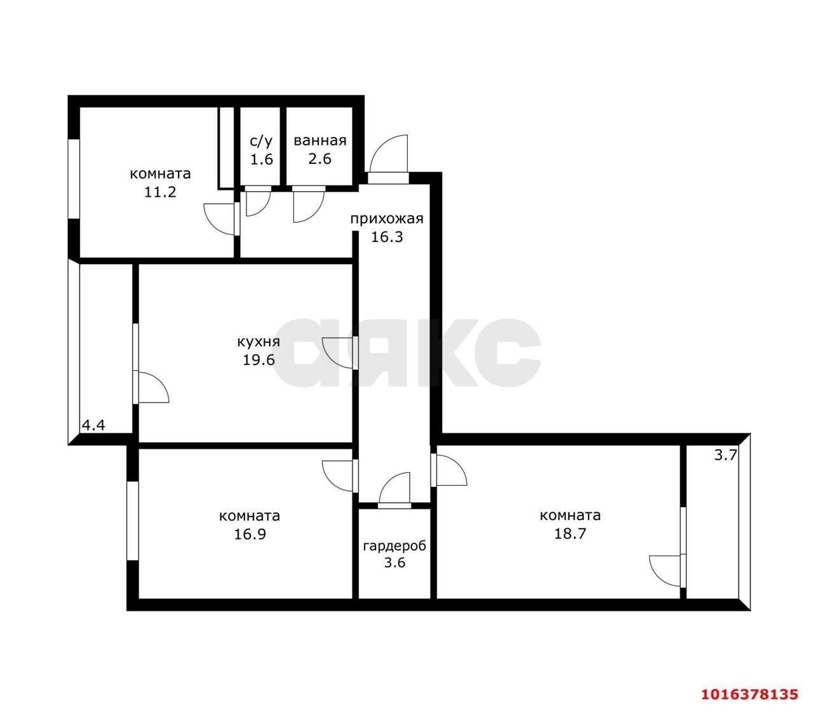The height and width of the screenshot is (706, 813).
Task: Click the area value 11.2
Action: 160,192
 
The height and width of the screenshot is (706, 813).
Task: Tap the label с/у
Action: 261,141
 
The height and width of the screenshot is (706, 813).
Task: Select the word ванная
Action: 319,141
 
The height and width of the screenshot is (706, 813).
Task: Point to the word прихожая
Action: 387,219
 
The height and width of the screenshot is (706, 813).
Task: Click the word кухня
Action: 259,342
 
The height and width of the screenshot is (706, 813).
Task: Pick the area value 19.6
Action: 259,360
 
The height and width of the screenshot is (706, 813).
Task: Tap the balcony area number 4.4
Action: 93,425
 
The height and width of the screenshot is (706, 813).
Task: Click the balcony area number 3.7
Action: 725,455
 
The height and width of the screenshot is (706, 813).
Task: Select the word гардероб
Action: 394,545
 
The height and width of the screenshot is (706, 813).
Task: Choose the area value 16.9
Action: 249,534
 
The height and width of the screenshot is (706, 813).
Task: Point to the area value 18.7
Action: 570,534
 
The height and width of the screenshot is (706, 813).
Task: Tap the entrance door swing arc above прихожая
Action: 388,152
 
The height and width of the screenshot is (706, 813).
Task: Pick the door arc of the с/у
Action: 257,203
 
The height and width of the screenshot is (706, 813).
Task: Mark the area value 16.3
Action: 387,237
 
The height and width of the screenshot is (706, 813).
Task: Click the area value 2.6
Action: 319,159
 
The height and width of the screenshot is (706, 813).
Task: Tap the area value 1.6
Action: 261,159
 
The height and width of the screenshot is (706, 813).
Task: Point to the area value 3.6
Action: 394,563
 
